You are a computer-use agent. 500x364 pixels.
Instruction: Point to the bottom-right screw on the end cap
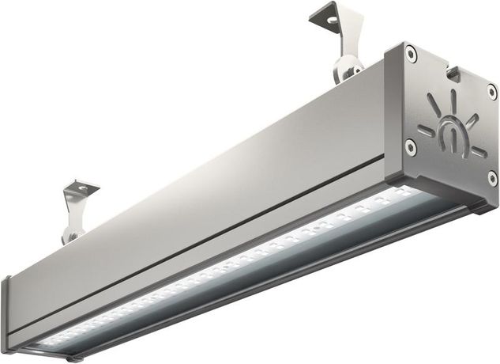pyautogui.click(x=492, y=179)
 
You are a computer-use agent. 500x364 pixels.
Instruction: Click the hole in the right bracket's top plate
pyautogui.click(x=330, y=17)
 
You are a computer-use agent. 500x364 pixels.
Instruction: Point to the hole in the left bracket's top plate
pyautogui.click(x=79, y=188)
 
